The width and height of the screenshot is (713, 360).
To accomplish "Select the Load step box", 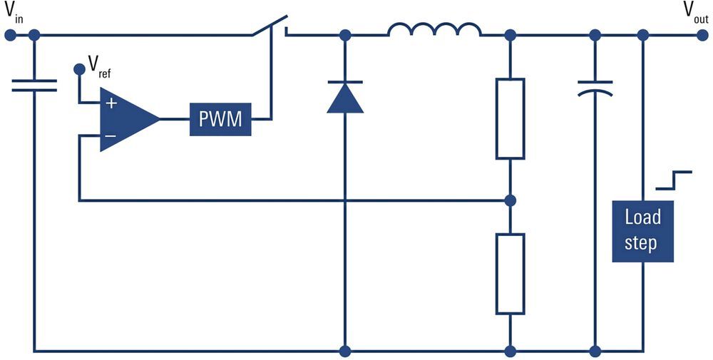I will (x=642, y=230).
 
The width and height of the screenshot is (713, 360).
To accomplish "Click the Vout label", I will (x=695, y=11).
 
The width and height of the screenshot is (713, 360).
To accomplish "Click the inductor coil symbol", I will (x=434, y=30).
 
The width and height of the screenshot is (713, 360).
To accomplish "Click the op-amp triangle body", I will (x=125, y=120).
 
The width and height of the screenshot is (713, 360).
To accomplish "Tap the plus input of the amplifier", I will (x=111, y=103).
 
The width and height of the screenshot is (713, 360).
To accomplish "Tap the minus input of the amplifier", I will (x=111, y=135).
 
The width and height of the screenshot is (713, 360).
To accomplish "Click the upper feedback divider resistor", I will (x=510, y=118).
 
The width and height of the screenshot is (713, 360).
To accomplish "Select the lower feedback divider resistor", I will (x=510, y=273).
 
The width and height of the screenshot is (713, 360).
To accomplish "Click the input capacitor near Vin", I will (x=34, y=86).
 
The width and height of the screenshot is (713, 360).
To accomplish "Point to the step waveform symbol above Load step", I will (x=674, y=180).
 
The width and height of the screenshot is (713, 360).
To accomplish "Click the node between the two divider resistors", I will (x=510, y=200).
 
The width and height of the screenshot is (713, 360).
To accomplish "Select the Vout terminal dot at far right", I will (x=703, y=34).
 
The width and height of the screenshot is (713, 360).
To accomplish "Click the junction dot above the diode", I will (x=345, y=34).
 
